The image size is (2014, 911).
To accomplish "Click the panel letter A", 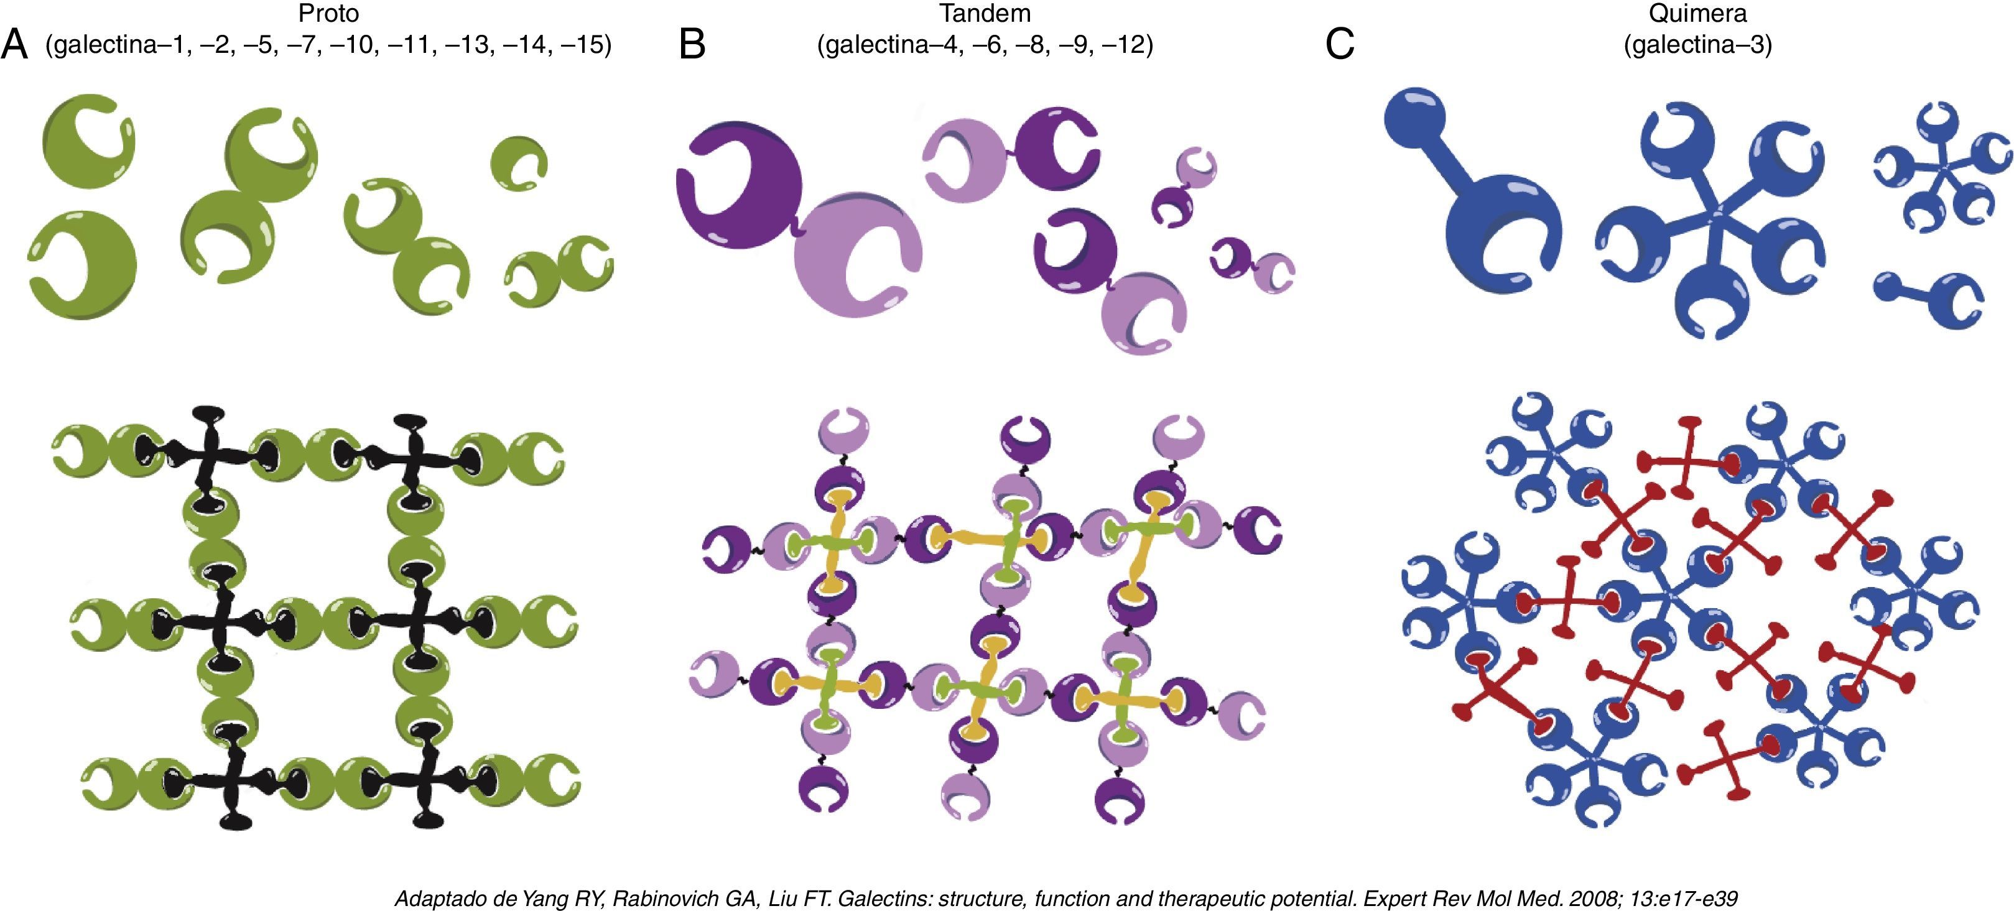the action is point(14,45).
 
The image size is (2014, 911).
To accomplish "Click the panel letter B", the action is point(692,45).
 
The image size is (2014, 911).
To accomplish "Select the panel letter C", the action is point(1339,45).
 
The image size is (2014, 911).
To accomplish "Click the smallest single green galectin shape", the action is point(518,164).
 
